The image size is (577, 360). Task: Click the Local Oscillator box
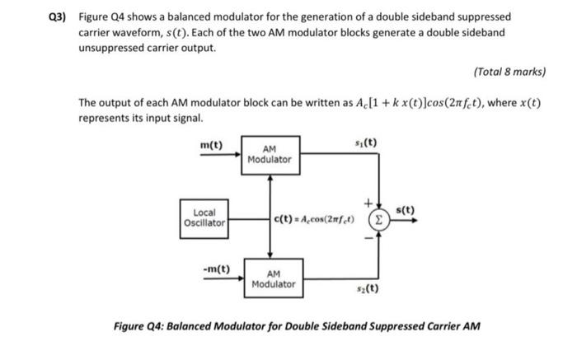pyautogui.click(x=204, y=217)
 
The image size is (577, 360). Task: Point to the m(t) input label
pyautogui.click(x=212, y=145)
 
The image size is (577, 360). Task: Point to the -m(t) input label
pyautogui.click(x=216, y=269)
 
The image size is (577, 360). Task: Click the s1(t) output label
pyautogui.click(x=368, y=143)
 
